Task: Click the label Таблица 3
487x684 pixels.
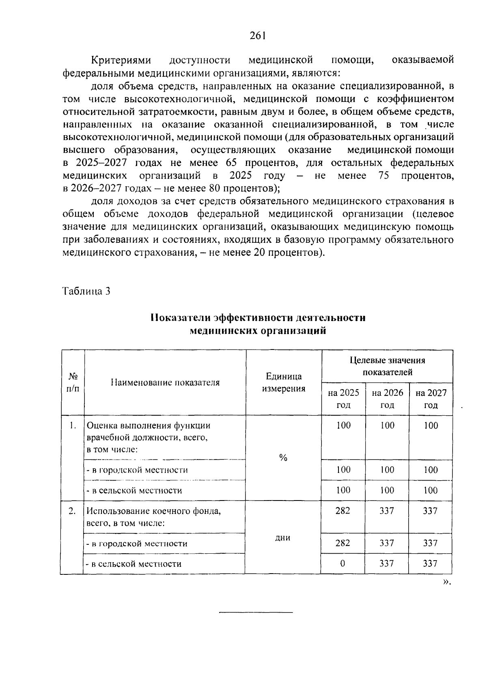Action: coord(86,291)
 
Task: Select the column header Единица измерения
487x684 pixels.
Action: coord(283,382)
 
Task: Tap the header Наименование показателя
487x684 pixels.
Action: coord(165,382)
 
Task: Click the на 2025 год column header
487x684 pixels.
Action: coord(343,399)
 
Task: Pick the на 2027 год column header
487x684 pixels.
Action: coord(431,399)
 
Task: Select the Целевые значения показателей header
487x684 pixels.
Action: coord(387,366)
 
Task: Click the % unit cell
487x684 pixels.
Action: coord(283,458)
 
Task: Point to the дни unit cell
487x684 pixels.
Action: coord(283,537)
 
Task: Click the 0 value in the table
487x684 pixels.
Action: coord(343,563)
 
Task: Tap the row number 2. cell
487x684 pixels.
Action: coord(72,511)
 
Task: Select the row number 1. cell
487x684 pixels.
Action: coord(73,426)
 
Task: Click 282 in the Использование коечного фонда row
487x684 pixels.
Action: coord(343,511)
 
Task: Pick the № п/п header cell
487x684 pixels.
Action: coord(73,382)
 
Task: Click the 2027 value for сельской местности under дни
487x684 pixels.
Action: coord(430,563)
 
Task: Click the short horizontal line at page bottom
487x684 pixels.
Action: coord(256,612)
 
